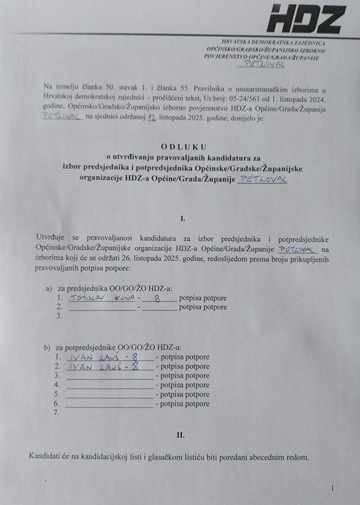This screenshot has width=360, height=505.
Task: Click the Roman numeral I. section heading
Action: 183,218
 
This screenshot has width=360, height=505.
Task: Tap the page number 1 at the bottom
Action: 332,488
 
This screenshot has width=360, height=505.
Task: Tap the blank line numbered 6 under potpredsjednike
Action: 110,405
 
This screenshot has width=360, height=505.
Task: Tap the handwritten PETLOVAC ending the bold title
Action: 263,180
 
